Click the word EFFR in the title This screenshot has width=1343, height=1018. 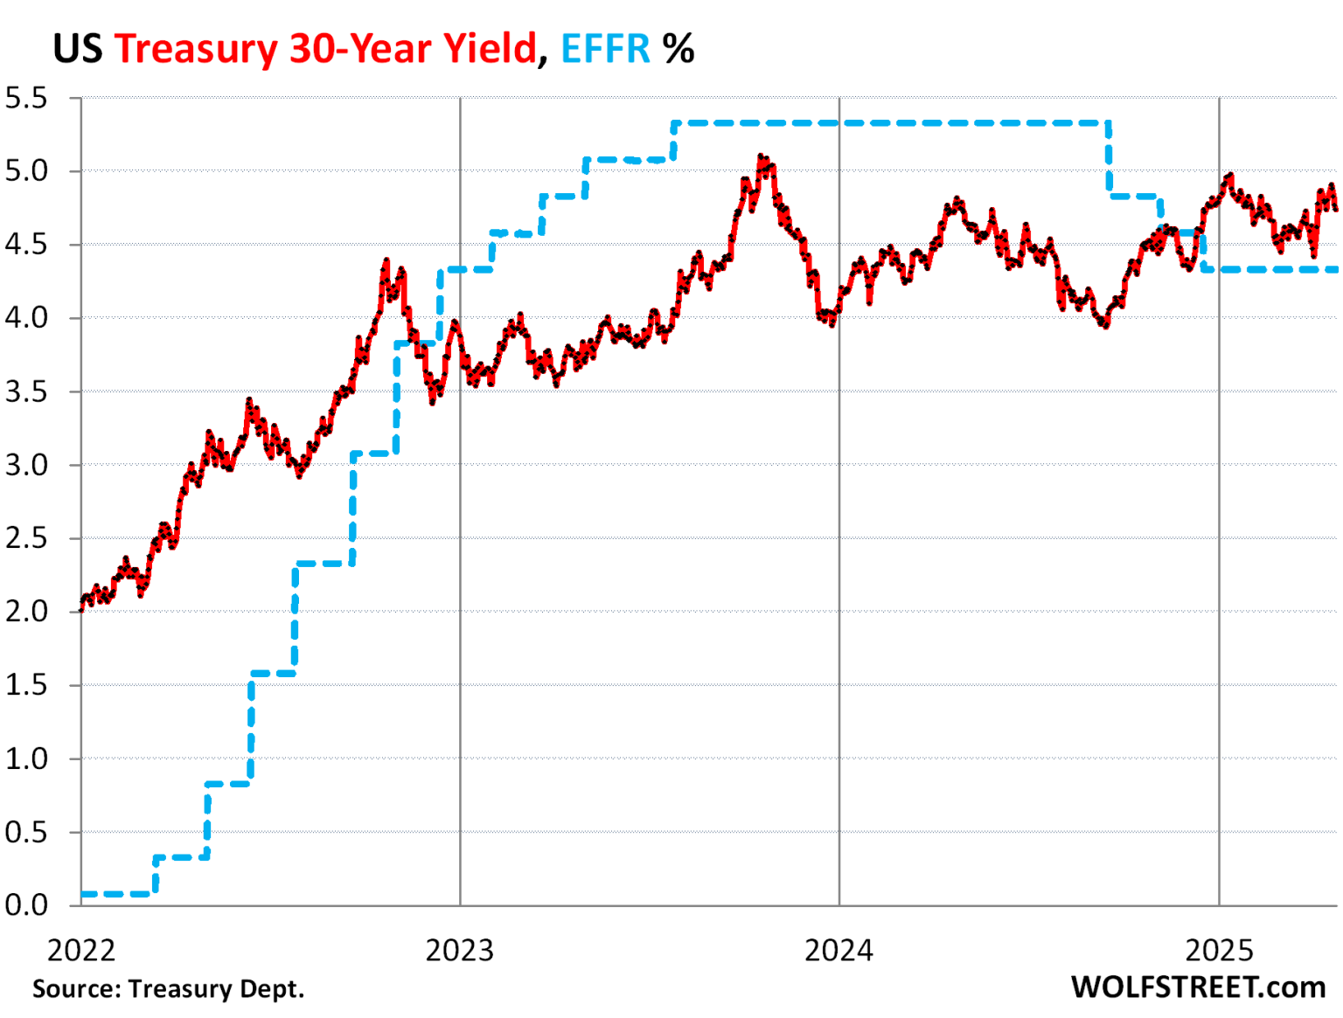pos(605,48)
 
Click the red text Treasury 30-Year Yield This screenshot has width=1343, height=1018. pos(324,48)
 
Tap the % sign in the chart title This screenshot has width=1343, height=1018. pos(678,48)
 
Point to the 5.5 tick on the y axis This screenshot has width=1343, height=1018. pos(26,98)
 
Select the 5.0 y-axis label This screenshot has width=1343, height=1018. pos(26,170)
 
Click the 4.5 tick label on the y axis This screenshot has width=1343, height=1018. pos(26,244)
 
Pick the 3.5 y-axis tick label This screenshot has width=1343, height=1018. pos(26,391)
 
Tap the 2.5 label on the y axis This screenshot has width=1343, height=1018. pos(26,537)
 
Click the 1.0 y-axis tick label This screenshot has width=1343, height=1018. pos(26,758)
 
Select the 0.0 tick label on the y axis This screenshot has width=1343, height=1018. pos(26,904)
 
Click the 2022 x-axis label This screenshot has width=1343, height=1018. pos(80,950)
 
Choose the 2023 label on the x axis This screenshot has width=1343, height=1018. pos(460,950)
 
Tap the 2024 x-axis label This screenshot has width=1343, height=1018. pos(839,950)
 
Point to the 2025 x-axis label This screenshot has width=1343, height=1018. pos(1219,950)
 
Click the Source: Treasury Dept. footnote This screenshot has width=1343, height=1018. pos(169,989)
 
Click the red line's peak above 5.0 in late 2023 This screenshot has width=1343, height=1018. pos(762,158)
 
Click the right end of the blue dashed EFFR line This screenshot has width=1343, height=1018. pos(1334,269)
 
